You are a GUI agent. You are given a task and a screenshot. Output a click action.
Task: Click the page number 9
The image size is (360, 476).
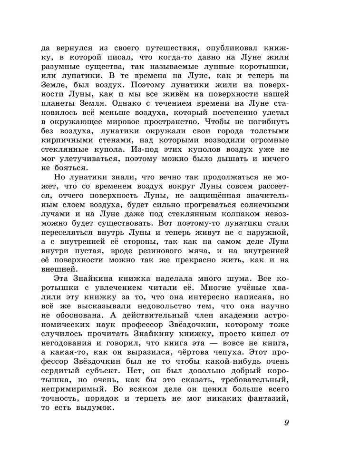point(286,423)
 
